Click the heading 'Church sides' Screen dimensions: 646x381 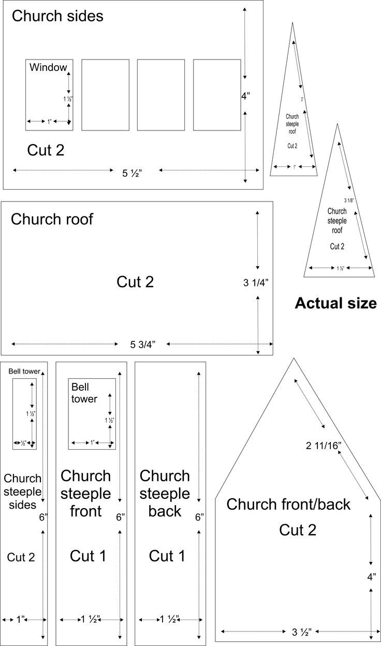57,16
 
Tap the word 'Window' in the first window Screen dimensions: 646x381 48,67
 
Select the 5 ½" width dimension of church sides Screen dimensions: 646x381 132,173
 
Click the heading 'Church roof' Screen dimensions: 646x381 52,219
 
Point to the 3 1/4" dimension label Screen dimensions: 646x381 256,283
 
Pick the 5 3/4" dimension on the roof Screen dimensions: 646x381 143,344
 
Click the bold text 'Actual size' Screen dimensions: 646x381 335,303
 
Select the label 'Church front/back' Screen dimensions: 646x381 288,504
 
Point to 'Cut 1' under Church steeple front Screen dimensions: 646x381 88,556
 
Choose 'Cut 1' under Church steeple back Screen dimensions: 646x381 167,556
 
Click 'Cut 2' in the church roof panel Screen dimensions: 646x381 135,282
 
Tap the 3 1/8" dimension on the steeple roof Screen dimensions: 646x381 348,200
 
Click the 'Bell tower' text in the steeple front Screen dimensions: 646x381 84,393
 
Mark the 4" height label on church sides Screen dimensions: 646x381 245,96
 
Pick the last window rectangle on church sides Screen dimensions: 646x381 217,95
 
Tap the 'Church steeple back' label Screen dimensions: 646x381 165,493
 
